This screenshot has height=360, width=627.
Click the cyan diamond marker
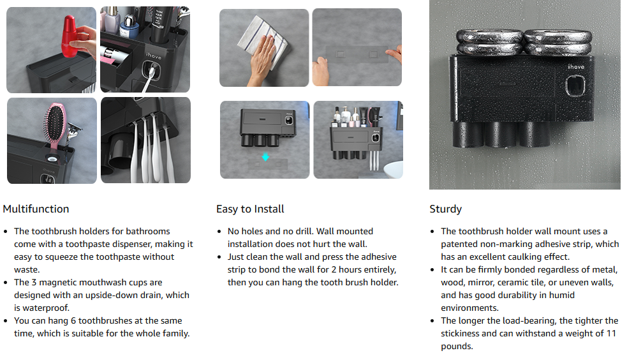(x=265, y=157)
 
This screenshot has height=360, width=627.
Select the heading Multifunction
(x=36, y=209)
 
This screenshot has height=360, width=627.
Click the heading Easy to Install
(x=250, y=209)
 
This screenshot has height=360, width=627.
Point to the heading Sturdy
(x=445, y=209)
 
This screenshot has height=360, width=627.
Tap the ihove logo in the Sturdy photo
(x=576, y=67)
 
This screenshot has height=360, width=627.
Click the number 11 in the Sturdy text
(x=611, y=333)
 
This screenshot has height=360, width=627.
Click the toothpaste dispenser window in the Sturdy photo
(x=575, y=87)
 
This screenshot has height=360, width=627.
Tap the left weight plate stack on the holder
(x=489, y=42)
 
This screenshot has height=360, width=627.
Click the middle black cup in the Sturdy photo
(x=501, y=135)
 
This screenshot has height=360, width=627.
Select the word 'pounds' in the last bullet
(x=457, y=347)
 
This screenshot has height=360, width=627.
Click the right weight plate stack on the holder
(x=557, y=42)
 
